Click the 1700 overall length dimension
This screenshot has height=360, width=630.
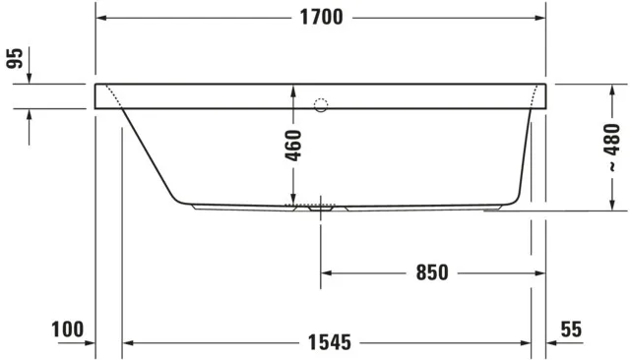click(321, 18)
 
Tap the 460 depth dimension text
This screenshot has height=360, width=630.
click(293, 146)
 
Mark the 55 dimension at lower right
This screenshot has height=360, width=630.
click(571, 330)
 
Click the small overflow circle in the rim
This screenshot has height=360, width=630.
click(321, 104)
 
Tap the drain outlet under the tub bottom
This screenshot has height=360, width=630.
click(321, 209)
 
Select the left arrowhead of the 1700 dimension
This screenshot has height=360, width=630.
click(101, 18)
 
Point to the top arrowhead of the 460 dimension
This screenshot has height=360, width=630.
click(293, 90)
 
